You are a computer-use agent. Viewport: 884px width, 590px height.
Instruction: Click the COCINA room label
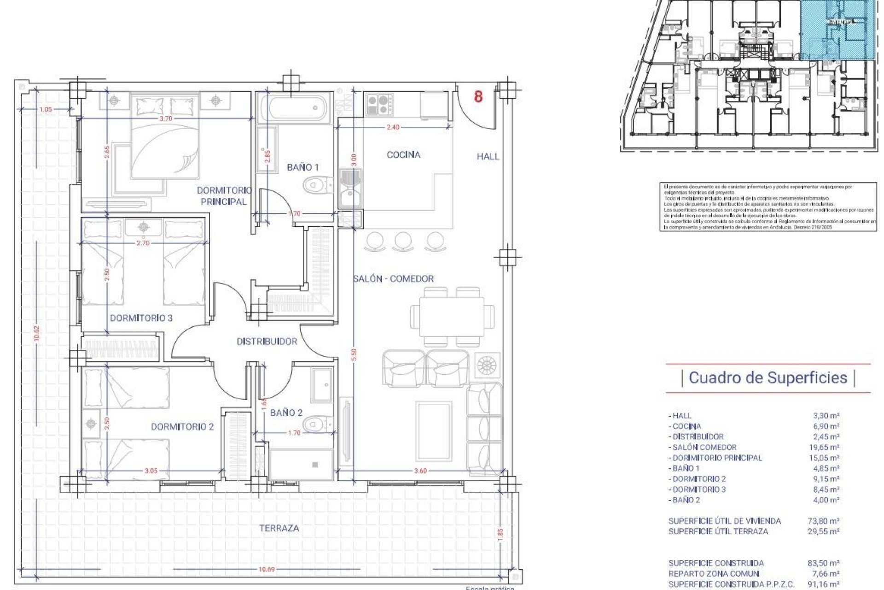point(403,155)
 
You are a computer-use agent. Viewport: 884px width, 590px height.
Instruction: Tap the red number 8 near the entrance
point(478,97)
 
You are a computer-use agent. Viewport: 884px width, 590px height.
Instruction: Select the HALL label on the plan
point(488,157)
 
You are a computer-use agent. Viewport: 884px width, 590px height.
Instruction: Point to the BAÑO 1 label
point(302,167)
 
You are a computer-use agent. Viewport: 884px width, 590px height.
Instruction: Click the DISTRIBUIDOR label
point(267,342)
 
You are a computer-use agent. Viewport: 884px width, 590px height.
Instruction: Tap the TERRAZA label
point(279,528)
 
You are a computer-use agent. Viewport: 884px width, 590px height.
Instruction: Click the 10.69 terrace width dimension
point(266,569)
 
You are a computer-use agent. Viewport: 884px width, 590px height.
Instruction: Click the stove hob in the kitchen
point(379,105)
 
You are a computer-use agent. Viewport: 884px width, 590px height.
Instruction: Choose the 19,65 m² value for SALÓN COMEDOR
point(826,447)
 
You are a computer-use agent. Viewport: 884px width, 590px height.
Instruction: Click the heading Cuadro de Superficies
point(768,378)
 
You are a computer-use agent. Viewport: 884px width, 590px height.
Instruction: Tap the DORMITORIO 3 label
point(141,318)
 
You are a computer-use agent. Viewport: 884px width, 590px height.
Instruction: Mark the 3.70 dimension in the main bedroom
point(165,118)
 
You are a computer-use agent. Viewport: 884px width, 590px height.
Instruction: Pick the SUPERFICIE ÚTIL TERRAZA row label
point(718,531)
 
